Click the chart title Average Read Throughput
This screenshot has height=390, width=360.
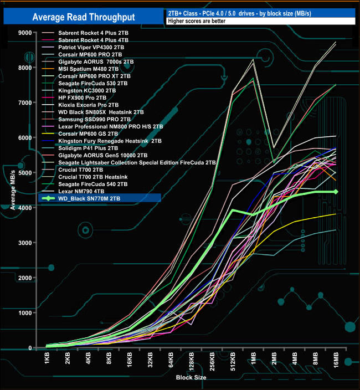click(x=83, y=17)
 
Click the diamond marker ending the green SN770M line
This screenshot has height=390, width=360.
click(x=336, y=192)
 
